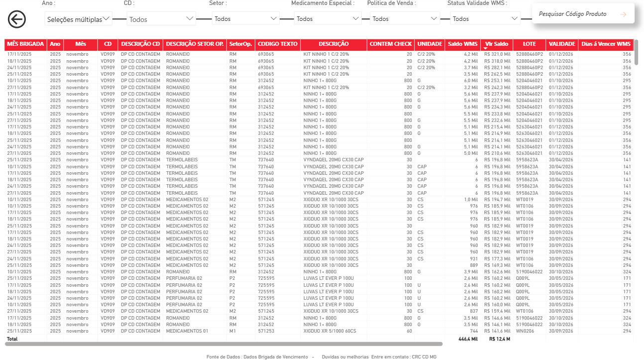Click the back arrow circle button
(x=17, y=19)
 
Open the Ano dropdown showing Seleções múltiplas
(x=79, y=19)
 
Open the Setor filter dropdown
(x=245, y=18)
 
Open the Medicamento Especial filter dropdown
(x=327, y=18)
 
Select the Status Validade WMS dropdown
(x=485, y=18)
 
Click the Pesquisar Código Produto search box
(x=583, y=14)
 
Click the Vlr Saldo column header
(x=496, y=44)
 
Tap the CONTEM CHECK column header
(x=391, y=44)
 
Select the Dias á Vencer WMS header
(x=606, y=44)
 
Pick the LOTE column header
(x=529, y=44)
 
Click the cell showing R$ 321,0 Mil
(x=497, y=54)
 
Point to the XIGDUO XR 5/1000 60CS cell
(x=330, y=331)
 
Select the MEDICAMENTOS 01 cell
(x=187, y=331)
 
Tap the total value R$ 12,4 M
(x=499, y=339)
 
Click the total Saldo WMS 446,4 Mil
(x=468, y=339)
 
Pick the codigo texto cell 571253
(x=266, y=331)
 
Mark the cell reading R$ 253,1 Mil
(x=497, y=81)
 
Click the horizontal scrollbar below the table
(x=224, y=344)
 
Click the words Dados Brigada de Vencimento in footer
(x=276, y=357)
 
